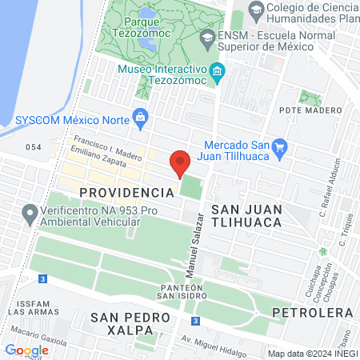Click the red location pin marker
[x=180, y=162]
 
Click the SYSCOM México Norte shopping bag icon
[x=141, y=117]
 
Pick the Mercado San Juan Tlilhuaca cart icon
[x=279, y=146]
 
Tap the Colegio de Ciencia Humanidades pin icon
[x=257, y=11]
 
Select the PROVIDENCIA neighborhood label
[x=127, y=193]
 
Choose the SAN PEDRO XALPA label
[x=130, y=325]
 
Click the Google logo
[x=26, y=350]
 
